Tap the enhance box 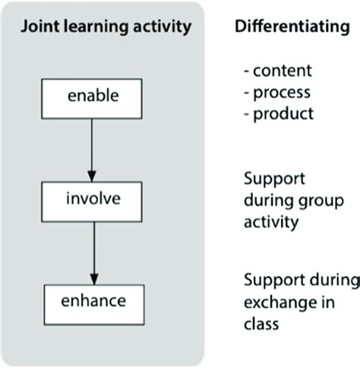(93, 300)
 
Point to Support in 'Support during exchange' (270, 281)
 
